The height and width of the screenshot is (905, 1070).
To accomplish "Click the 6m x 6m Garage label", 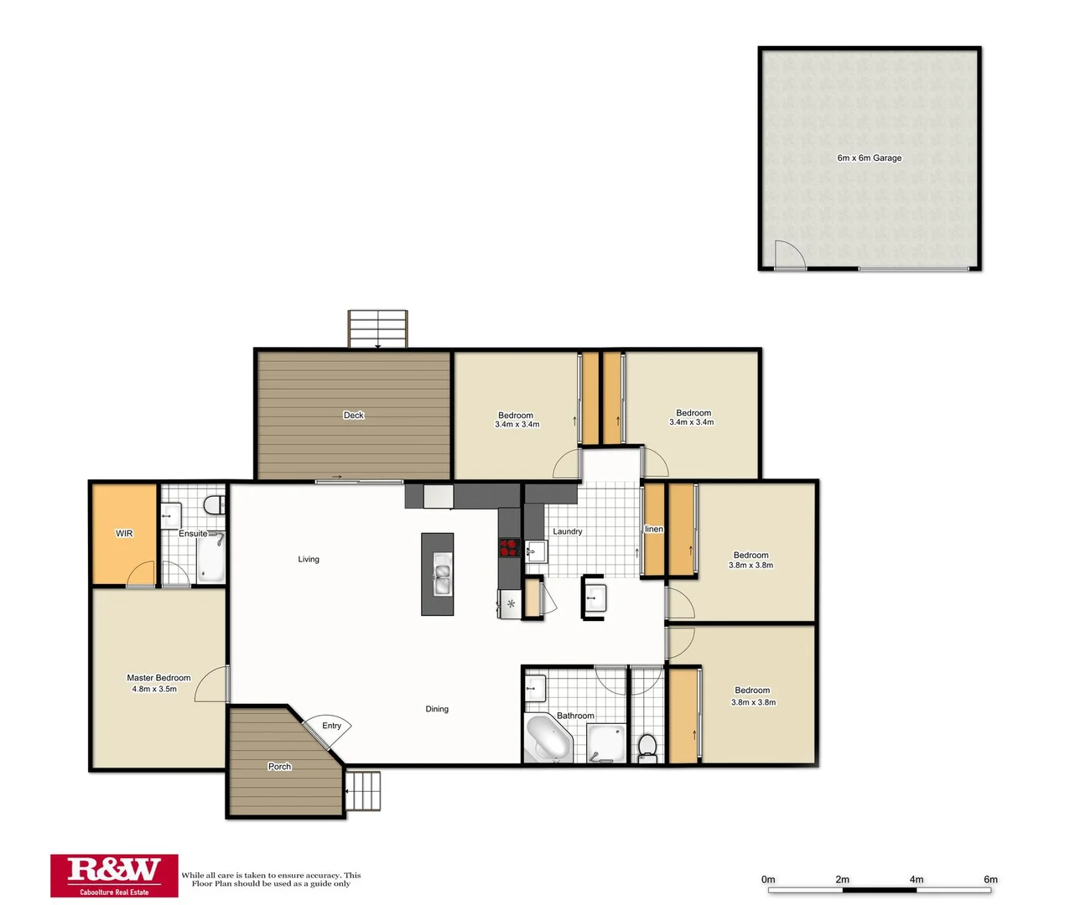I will [869, 158].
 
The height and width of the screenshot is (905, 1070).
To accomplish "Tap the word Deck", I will [354, 415].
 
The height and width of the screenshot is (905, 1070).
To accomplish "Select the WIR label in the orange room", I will [124, 533].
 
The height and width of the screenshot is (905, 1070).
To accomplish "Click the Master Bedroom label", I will [158, 678].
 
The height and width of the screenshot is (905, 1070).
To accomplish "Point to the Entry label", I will [331, 726].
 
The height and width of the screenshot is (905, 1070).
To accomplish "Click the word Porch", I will [279, 767].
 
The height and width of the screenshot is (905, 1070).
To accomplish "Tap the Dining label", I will [437, 709].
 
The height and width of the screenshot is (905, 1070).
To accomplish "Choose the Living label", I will [309, 559].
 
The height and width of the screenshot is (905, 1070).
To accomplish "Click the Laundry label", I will [567, 531].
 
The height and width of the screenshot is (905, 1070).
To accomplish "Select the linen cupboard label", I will [654, 529].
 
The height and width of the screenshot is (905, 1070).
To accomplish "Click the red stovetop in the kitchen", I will [508, 548].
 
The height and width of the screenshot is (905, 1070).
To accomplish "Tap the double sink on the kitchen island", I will [442, 579].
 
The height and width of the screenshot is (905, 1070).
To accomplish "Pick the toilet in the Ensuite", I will [214, 505].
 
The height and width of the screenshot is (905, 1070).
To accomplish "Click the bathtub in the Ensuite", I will [210, 559].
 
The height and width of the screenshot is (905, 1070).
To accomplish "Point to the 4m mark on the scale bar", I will [917, 880].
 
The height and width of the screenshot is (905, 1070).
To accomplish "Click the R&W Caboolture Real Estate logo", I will [114, 876].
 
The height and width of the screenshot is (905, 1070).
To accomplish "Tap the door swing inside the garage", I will [788, 255].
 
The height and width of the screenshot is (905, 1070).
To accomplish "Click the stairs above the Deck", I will [378, 328].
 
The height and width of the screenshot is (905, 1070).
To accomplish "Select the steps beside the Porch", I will [363, 791].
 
